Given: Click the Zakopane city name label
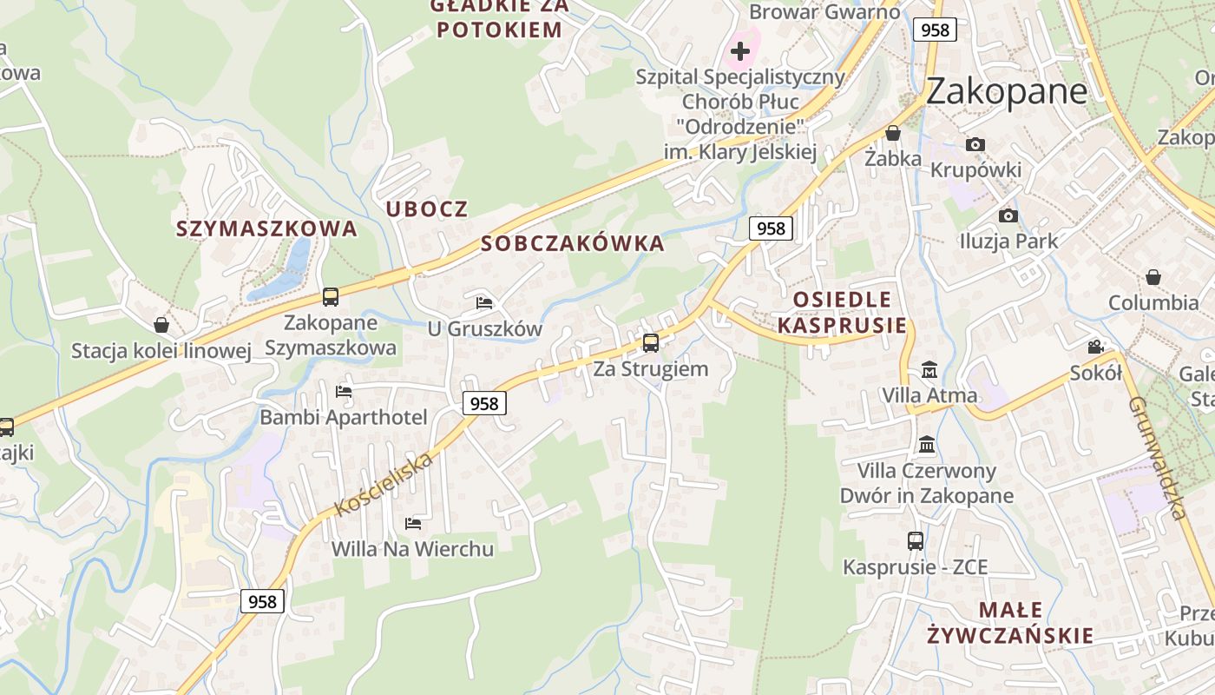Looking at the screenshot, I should click(1006, 91).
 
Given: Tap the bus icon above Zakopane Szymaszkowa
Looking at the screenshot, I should click(331, 297).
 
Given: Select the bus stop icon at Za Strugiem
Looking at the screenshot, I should click(651, 343).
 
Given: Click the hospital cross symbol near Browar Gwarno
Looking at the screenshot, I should click(739, 51).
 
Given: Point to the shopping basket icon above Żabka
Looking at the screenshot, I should click(892, 134).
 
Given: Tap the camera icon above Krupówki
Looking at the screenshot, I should click(975, 145).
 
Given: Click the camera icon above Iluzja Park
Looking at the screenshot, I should click(1008, 215).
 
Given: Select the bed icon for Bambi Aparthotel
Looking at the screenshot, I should click(344, 392).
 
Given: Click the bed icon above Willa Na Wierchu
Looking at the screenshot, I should click(413, 524).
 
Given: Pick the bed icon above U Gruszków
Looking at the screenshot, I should click(484, 303).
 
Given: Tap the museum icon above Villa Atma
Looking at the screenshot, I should click(929, 370).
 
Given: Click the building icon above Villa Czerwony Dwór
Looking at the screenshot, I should click(927, 445).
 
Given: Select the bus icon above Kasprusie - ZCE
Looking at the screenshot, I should click(916, 541).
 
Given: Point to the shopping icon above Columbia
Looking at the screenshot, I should click(1153, 277).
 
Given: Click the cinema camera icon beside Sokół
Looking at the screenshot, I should click(1096, 347).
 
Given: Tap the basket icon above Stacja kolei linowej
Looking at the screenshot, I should click(161, 325).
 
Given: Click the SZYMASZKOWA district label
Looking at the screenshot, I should click(266, 228).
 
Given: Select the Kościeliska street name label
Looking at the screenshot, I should click(384, 484).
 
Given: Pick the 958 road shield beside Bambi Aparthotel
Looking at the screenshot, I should click(484, 403).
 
